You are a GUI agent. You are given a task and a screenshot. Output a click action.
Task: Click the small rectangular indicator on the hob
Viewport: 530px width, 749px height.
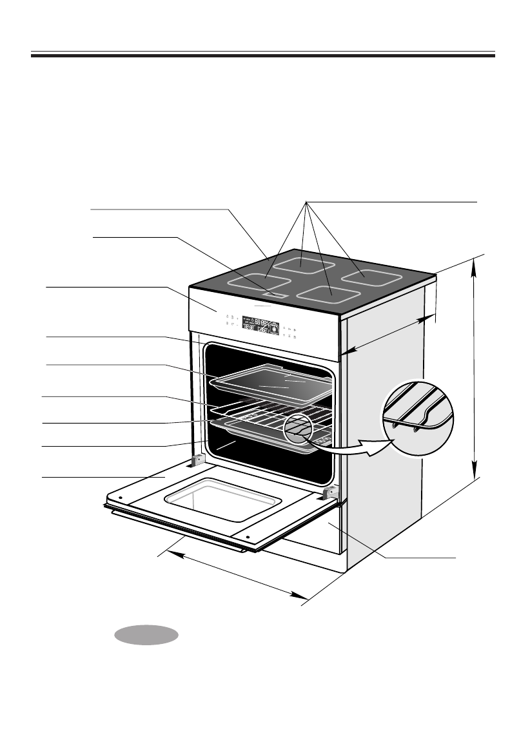[275, 295]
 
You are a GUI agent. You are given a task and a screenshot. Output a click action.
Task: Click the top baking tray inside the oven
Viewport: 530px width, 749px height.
[272, 383]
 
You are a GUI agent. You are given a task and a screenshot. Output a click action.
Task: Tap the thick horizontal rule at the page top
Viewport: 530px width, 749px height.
[263, 56]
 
